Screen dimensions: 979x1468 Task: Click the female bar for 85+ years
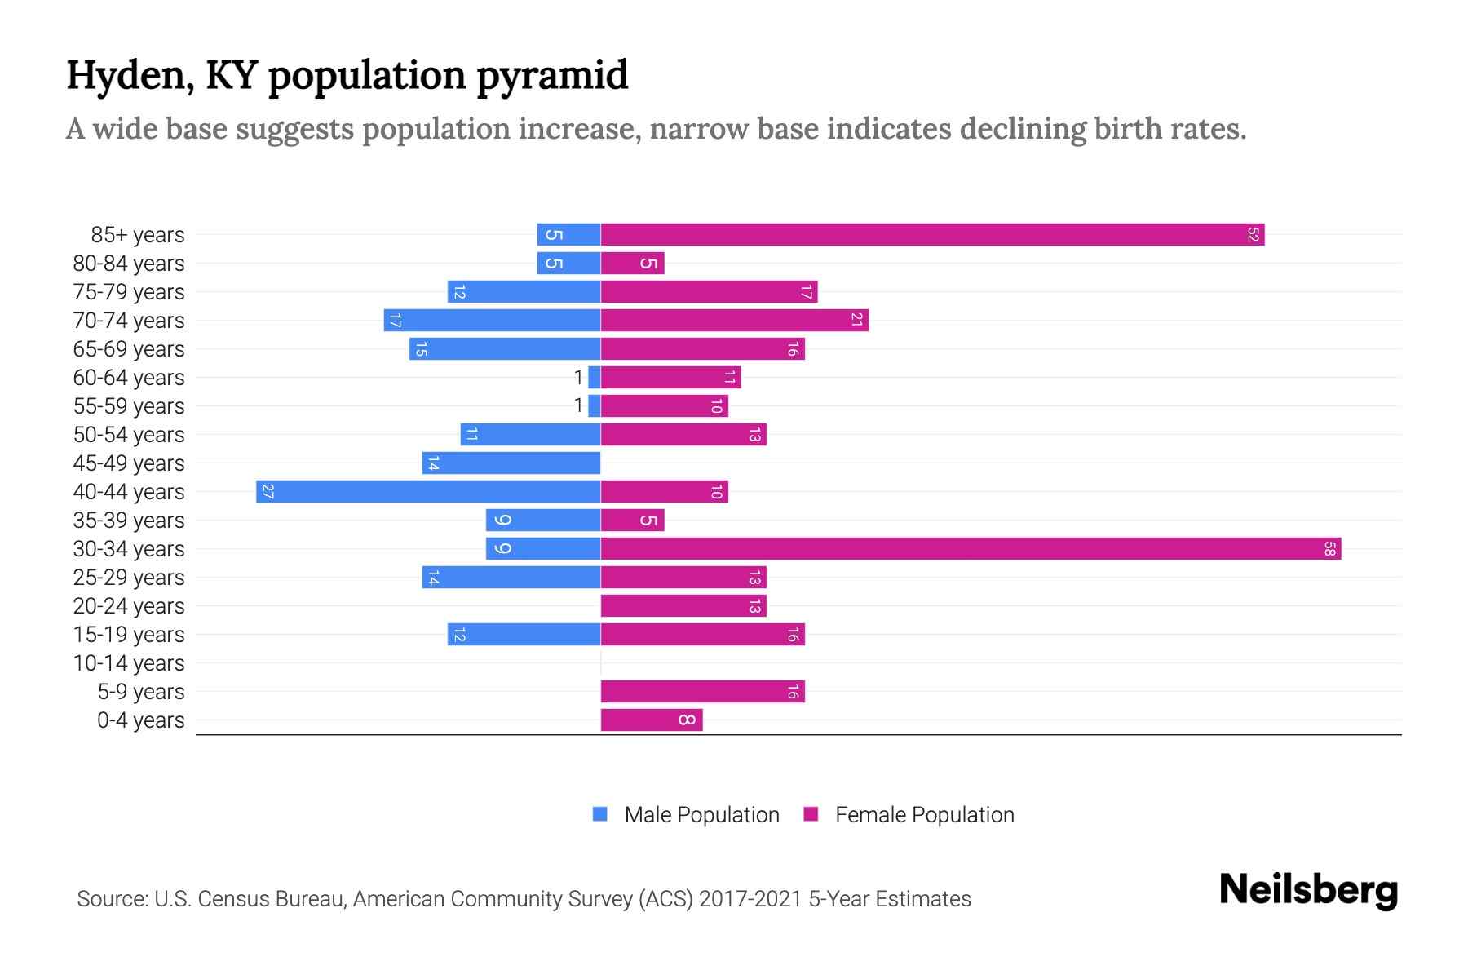coord(932,235)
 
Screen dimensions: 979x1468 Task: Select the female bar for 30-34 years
coord(971,549)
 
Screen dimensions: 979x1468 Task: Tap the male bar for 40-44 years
coord(428,492)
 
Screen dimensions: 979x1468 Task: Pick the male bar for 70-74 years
coord(492,321)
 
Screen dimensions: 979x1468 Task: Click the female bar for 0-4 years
coord(651,720)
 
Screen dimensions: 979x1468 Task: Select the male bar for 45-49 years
coord(511,463)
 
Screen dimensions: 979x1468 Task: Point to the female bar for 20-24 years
coord(683,606)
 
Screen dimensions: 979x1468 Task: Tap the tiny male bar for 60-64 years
coord(595,378)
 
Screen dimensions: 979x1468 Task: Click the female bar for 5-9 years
coord(702,692)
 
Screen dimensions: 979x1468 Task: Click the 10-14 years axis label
coord(129,663)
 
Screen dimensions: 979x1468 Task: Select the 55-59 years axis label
coord(129,406)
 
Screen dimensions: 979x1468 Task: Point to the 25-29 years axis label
coord(129,578)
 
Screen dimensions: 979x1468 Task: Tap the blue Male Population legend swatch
coord(600,814)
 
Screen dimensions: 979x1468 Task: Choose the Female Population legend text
coord(924,815)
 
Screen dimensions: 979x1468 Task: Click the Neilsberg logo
coord(1308,890)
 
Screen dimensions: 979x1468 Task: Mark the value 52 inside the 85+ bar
coord(1253,235)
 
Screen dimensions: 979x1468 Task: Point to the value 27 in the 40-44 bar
coord(268,492)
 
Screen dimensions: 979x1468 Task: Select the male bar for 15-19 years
coord(524,635)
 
